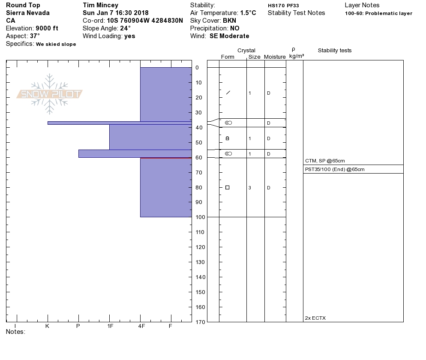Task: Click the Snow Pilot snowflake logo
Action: [x=49, y=94]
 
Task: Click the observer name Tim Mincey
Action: [x=101, y=5]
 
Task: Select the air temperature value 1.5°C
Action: [x=248, y=13]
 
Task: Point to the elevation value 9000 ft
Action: [x=47, y=28]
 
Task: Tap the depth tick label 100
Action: [x=200, y=217]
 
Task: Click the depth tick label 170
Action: [x=200, y=322]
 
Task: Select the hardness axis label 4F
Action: [x=141, y=326]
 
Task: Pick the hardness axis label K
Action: [x=47, y=326]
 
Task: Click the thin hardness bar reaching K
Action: [x=120, y=123]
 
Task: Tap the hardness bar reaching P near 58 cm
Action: [x=135, y=153]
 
